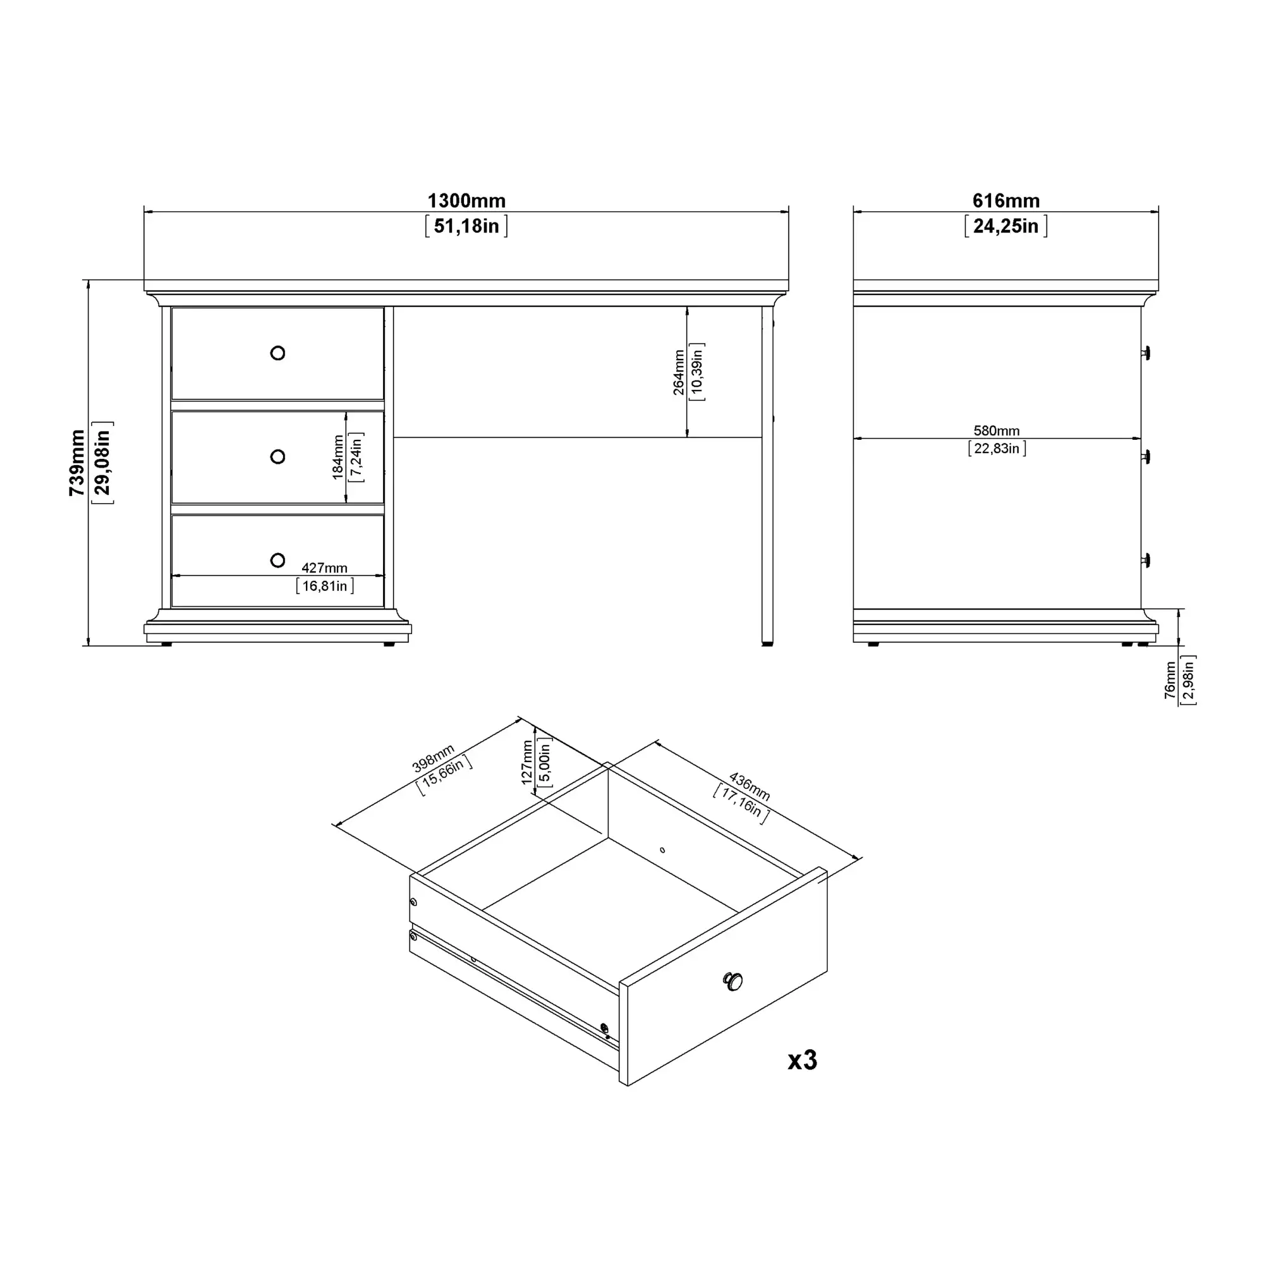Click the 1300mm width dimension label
(x=466, y=200)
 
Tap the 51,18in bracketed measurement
(x=466, y=226)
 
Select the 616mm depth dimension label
(x=1006, y=200)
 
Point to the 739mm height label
(x=77, y=463)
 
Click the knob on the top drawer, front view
(x=277, y=353)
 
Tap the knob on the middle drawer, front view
(x=277, y=457)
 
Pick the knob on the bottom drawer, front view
(x=277, y=560)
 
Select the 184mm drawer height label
(x=337, y=458)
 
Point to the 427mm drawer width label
(x=324, y=568)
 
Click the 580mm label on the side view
(x=997, y=430)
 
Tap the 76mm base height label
(x=1170, y=681)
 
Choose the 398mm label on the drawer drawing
(x=433, y=758)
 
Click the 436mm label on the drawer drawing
(x=750, y=786)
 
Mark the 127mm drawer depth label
(x=527, y=762)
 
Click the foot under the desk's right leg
(x=767, y=644)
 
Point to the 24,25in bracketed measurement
(x=1006, y=226)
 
